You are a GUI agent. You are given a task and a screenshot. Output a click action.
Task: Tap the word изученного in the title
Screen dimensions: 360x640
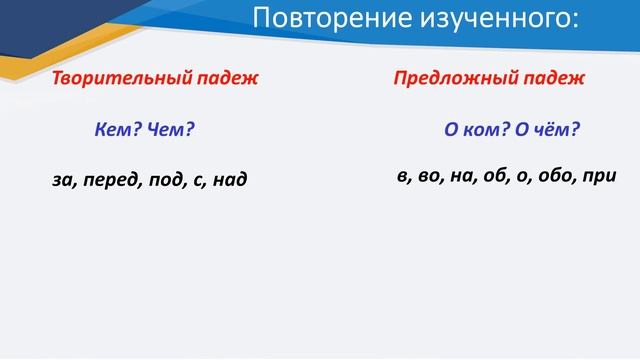click(x=482, y=20)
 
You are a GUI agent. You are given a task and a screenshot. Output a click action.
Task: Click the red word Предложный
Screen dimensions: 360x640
click(x=446, y=78)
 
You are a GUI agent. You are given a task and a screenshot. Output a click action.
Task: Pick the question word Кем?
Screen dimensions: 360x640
click(x=117, y=130)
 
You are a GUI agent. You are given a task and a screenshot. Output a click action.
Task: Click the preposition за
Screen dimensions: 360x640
click(x=63, y=181)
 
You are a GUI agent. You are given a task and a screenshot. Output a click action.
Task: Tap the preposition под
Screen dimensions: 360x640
click(x=162, y=181)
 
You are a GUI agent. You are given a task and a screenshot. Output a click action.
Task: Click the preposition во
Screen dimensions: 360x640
click(x=426, y=176)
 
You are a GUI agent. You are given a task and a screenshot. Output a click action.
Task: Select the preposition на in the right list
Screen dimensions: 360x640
click(x=460, y=176)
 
